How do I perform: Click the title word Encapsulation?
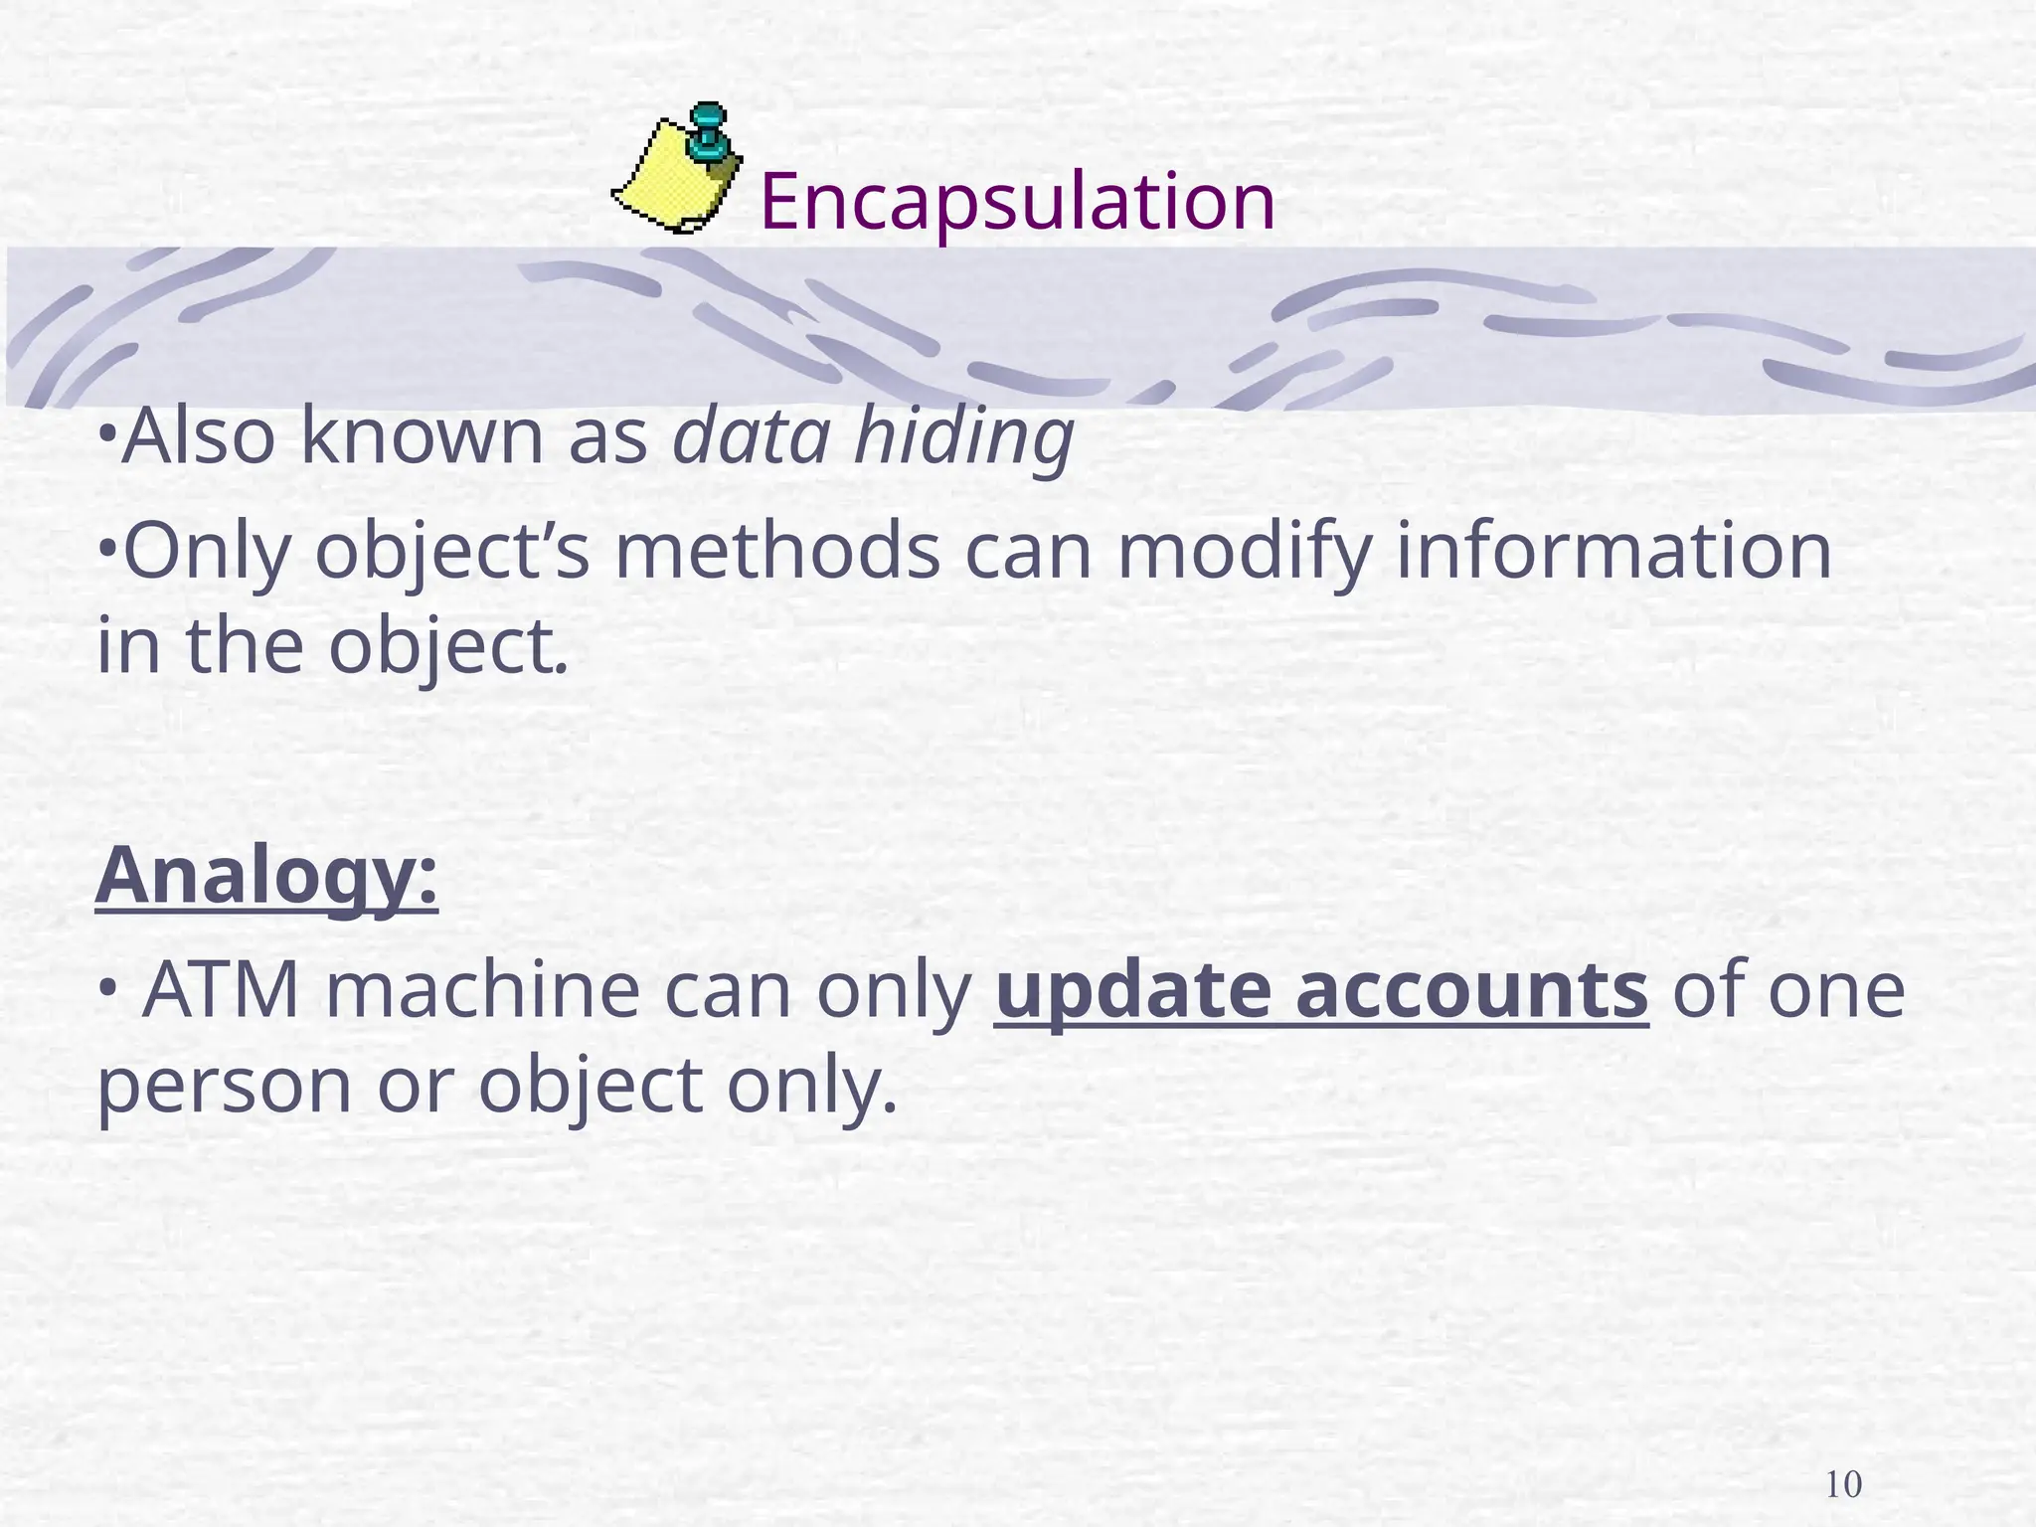tap(1017, 202)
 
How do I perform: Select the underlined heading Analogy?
tap(266, 877)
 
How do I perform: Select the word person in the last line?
tap(225, 1086)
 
